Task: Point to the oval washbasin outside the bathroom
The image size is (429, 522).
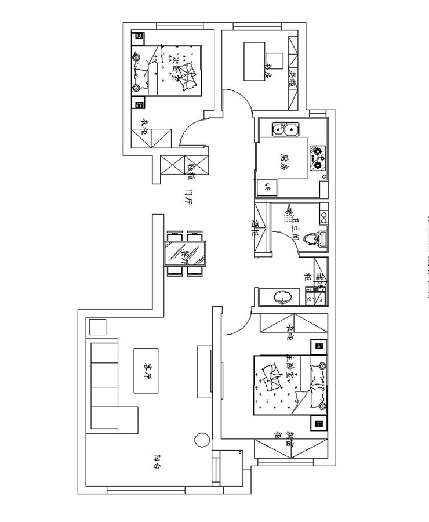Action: tap(284, 298)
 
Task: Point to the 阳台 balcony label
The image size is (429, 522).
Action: tap(157, 462)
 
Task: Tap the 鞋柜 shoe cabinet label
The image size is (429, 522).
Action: tap(191, 170)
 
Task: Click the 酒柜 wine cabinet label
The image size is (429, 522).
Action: tap(256, 227)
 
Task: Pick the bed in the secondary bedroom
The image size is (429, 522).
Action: tap(174, 71)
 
